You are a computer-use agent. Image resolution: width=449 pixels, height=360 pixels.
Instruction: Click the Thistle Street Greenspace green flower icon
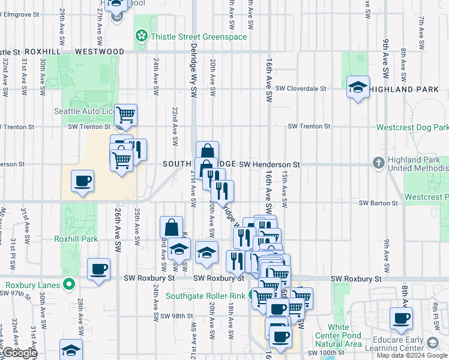pyautogui.click(x=141, y=37)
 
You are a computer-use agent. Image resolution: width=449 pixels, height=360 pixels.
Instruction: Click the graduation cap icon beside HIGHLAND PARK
pyautogui.click(x=358, y=87)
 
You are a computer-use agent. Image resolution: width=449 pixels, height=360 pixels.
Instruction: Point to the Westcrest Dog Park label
pyautogui.click(x=412, y=128)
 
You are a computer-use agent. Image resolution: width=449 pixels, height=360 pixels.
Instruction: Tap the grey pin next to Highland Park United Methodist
pyautogui.click(x=378, y=163)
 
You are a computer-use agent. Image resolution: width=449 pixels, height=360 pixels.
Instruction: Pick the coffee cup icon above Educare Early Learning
pyautogui.click(x=401, y=318)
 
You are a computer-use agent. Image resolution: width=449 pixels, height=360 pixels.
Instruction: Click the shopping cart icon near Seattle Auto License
pyautogui.click(x=125, y=113)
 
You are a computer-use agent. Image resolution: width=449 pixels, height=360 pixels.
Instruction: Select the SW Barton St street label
pyautogui.click(x=379, y=203)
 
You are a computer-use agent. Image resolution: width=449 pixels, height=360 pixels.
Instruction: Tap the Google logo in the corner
pyautogui.click(x=19, y=353)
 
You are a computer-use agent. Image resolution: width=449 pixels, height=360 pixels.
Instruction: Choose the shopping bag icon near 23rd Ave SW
pyautogui.click(x=171, y=227)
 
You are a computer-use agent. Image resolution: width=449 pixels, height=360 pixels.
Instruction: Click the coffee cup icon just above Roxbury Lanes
pyautogui.click(x=98, y=268)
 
